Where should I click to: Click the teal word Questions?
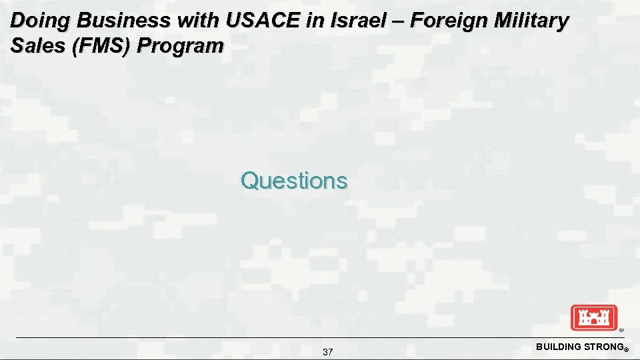point(294,181)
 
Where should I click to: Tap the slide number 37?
point(327,352)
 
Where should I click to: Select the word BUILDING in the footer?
point(557,347)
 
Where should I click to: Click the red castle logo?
point(594,317)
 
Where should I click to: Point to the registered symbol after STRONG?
point(626,349)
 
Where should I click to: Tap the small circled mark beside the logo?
point(621,330)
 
